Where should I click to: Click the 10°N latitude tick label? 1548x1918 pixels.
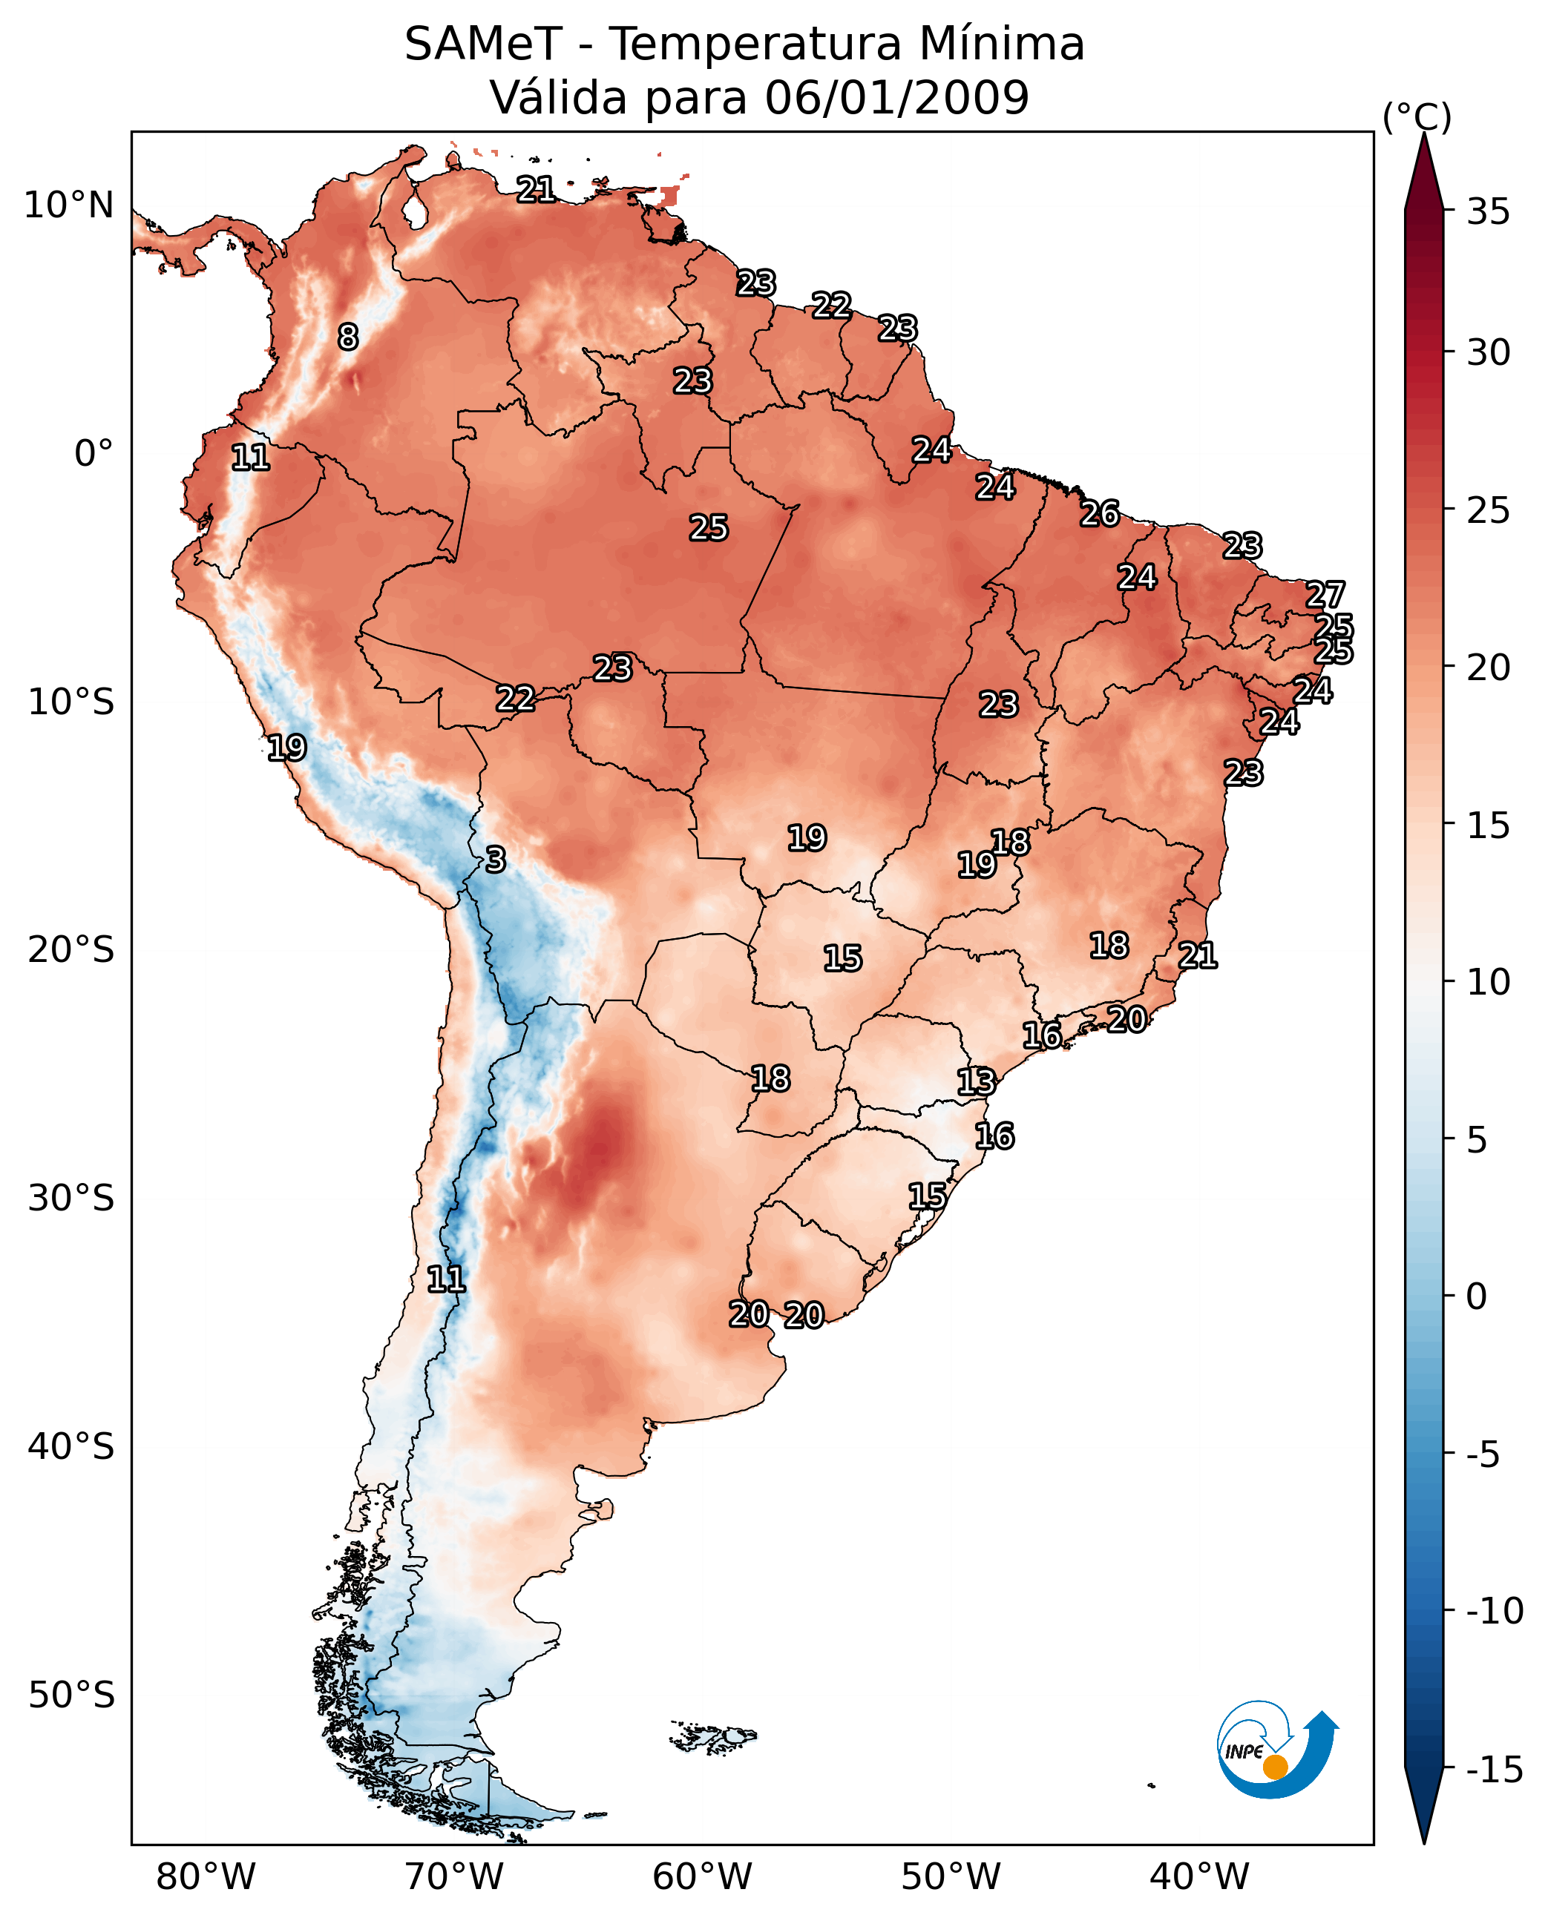tap(69, 206)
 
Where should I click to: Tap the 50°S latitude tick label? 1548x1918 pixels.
tap(71, 1694)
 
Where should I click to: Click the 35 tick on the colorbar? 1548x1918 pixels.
tap(1488, 212)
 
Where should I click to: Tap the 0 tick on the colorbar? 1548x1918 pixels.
tap(1477, 1296)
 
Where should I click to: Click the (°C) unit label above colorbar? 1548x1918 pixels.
tap(1417, 116)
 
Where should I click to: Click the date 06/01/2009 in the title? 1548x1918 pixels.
tap(897, 97)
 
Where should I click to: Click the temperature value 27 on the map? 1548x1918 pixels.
tap(1325, 595)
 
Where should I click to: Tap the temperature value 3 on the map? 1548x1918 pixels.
tap(496, 860)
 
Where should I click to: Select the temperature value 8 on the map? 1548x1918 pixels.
tap(348, 337)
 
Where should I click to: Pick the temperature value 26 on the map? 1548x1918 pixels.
tap(1100, 513)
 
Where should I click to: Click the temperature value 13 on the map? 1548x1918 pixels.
tap(976, 1082)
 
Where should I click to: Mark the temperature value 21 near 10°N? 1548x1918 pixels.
tap(536, 189)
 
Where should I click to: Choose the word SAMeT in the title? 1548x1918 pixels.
tap(483, 44)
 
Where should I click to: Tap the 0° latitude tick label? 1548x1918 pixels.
tap(94, 454)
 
